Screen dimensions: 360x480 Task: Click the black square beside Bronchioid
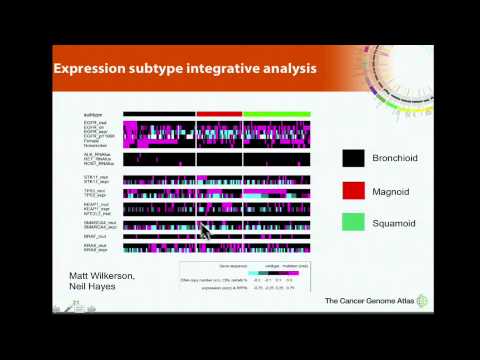click(x=352, y=158)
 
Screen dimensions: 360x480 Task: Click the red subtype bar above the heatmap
click(x=219, y=113)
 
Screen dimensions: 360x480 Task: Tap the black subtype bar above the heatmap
click(x=159, y=113)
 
